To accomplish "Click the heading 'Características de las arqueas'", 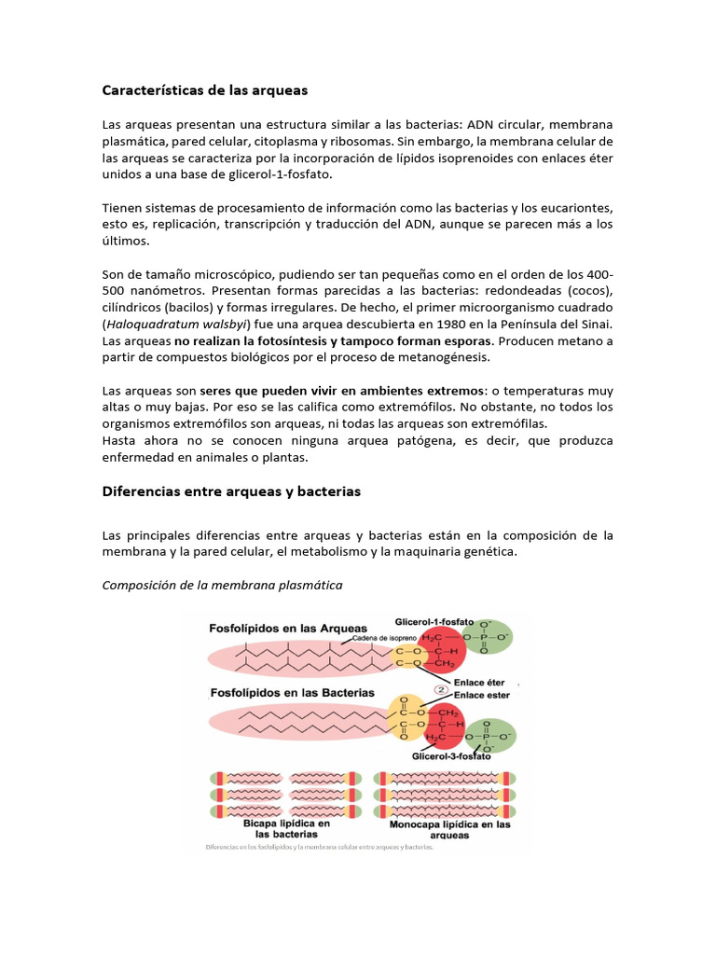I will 204,90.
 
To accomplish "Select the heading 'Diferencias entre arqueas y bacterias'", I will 231,491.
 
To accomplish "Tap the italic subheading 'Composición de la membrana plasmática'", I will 222,585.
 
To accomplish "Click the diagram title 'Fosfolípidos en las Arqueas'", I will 286,629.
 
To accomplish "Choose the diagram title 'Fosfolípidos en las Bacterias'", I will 291,693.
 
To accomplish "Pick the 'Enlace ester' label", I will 481,695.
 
